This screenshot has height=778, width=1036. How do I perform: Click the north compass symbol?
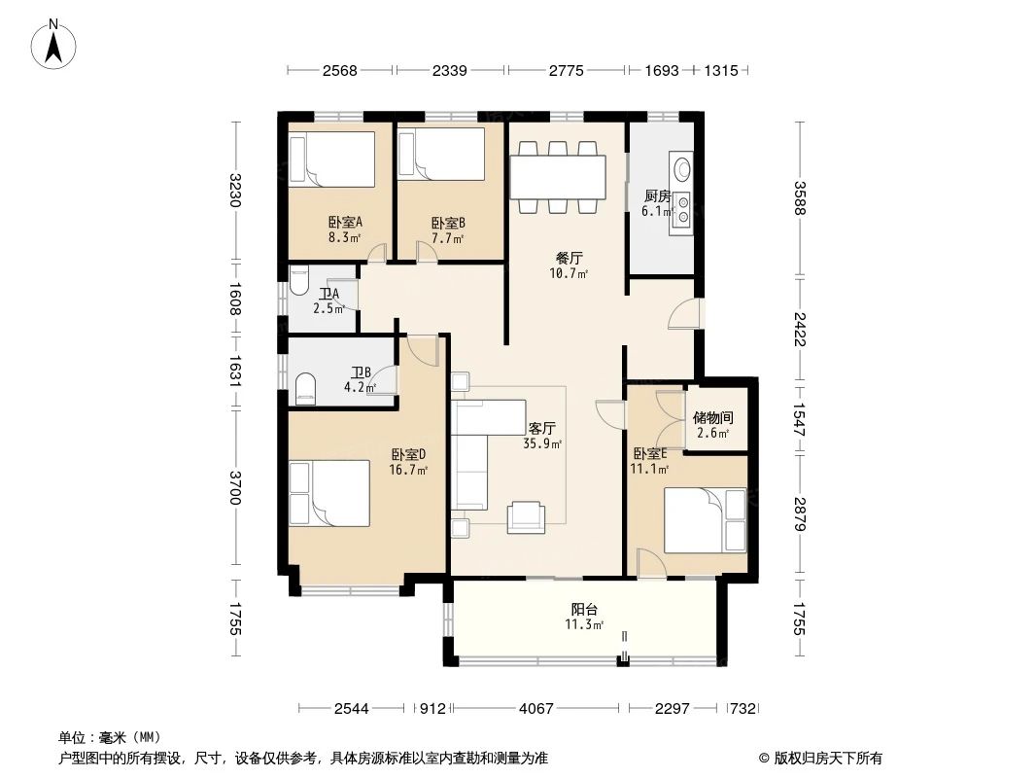[x=55, y=44]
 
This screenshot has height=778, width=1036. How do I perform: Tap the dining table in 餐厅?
[x=559, y=176]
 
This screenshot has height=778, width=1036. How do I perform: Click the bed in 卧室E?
[x=705, y=519]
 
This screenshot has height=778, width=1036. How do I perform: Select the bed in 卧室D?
[x=329, y=493]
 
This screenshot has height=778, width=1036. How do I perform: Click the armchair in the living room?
[x=528, y=516]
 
